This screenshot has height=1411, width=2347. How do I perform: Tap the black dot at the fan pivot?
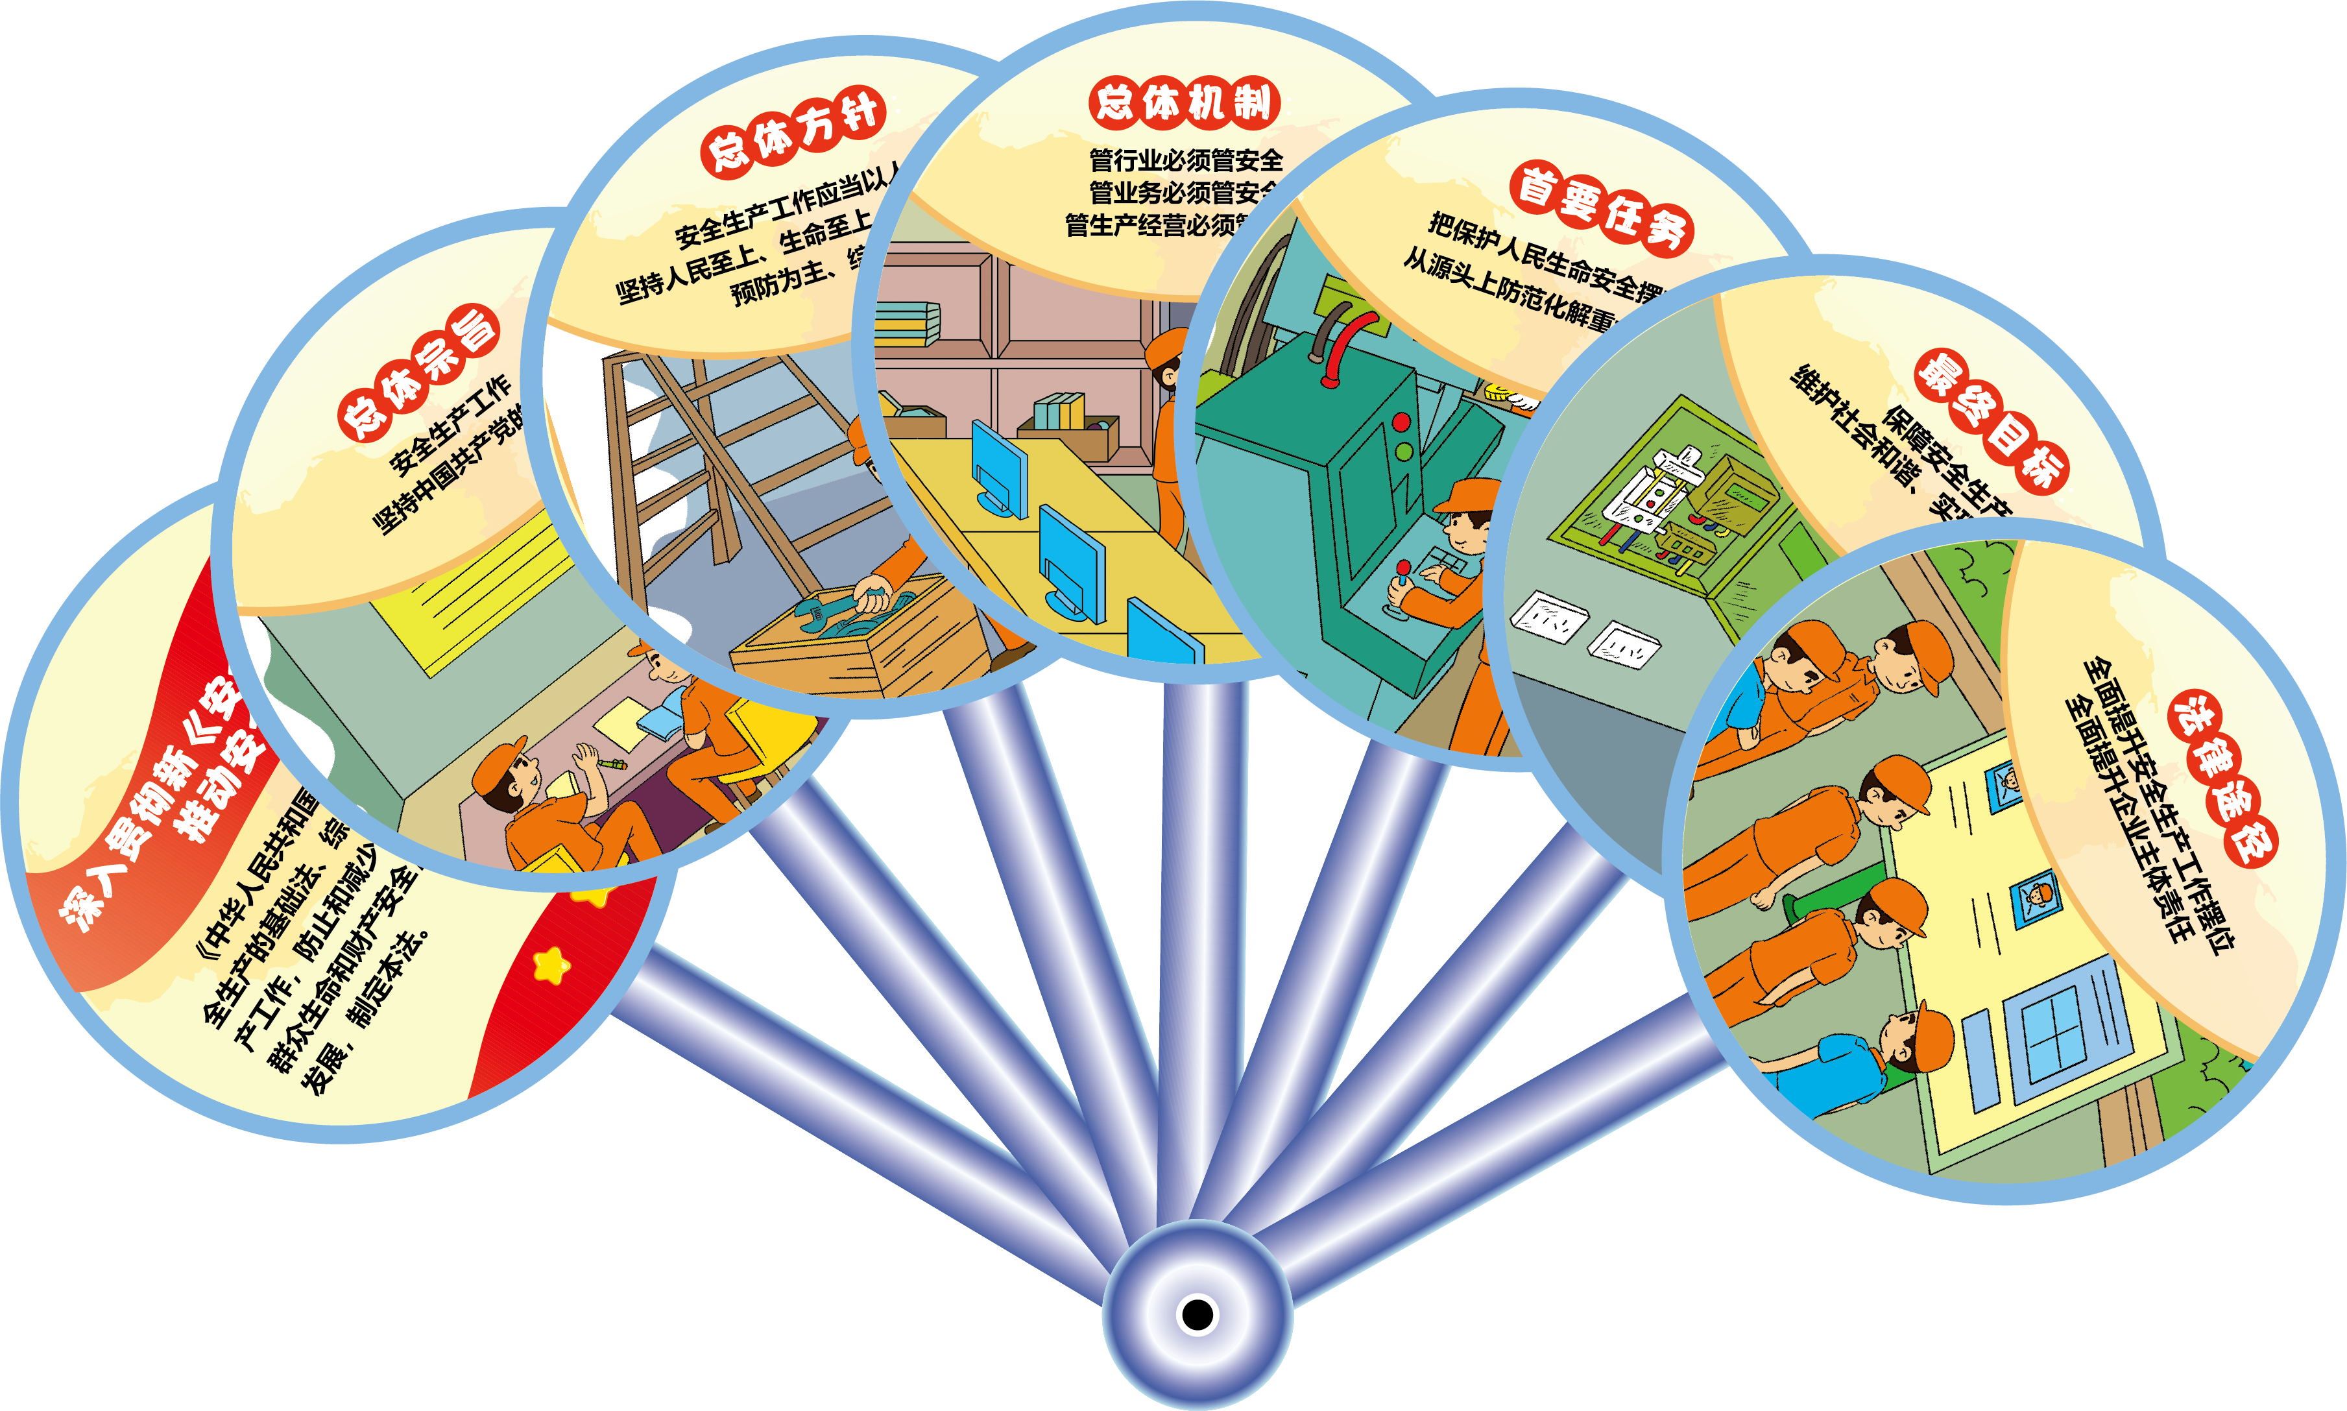point(1197,1315)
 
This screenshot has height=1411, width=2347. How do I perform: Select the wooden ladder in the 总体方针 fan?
point(684,447)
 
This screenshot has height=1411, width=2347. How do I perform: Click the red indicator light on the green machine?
point(1400,420)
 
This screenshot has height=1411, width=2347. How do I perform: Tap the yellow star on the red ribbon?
point(551,965)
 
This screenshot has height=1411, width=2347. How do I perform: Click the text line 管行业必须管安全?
point(1185,159)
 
